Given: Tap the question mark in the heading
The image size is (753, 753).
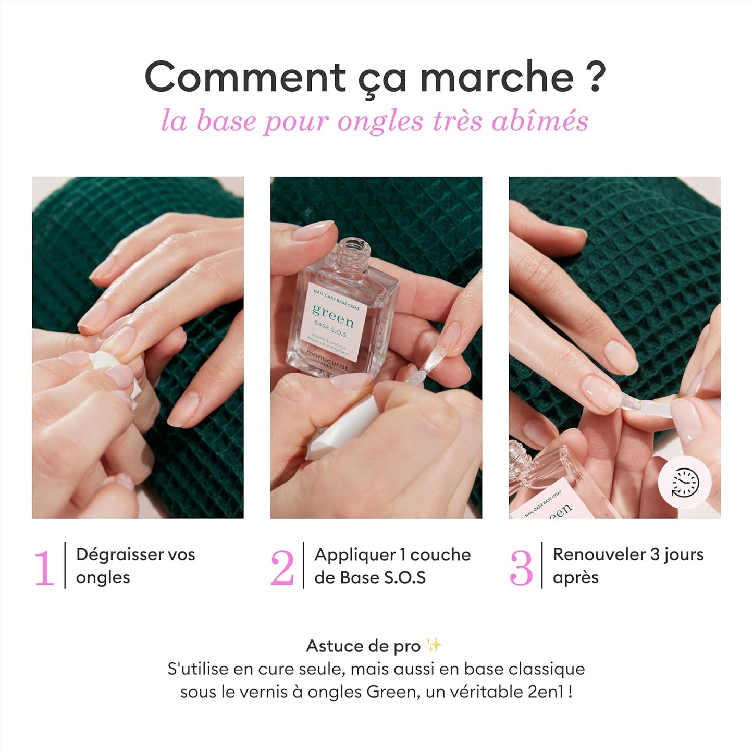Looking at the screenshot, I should tap(592, 77).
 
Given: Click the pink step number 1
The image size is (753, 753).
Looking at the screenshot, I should tap(44, 567).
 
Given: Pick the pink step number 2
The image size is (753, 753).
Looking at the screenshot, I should tap(282, 567).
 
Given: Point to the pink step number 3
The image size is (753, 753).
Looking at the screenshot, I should tap(521, 567).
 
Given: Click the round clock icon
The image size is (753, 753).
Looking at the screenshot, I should tap(684, 483).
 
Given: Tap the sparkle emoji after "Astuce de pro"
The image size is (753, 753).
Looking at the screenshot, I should tap(434, 646).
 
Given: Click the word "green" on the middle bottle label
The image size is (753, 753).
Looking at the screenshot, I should tap(333, 315).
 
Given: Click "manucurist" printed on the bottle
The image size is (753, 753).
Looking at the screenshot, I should tap(327, 360).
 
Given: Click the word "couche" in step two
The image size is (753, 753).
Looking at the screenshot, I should tap(440, 554).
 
